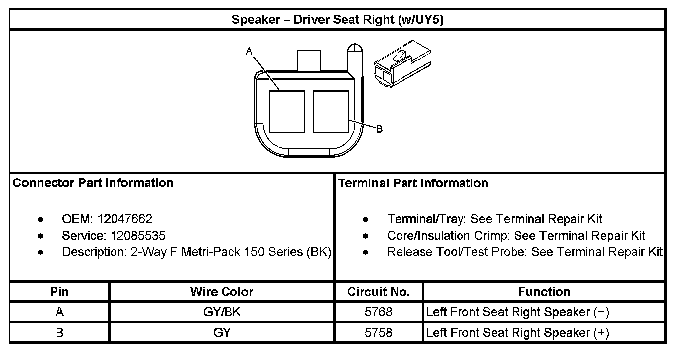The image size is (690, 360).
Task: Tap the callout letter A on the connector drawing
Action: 249,51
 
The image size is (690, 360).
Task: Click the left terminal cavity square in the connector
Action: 287,112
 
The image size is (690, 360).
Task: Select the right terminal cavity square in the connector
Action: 331,112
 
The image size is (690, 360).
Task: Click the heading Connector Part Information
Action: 93,183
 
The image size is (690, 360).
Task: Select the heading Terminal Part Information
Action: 413,183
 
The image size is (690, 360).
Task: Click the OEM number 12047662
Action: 125,219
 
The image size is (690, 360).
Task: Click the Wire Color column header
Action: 222,292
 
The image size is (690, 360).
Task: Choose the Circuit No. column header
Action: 379,292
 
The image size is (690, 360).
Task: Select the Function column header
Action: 544,292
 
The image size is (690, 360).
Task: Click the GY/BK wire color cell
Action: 222,312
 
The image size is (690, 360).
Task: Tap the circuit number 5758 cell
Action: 379,332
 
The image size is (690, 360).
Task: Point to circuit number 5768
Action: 379,312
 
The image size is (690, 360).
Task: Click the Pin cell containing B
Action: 59,332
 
